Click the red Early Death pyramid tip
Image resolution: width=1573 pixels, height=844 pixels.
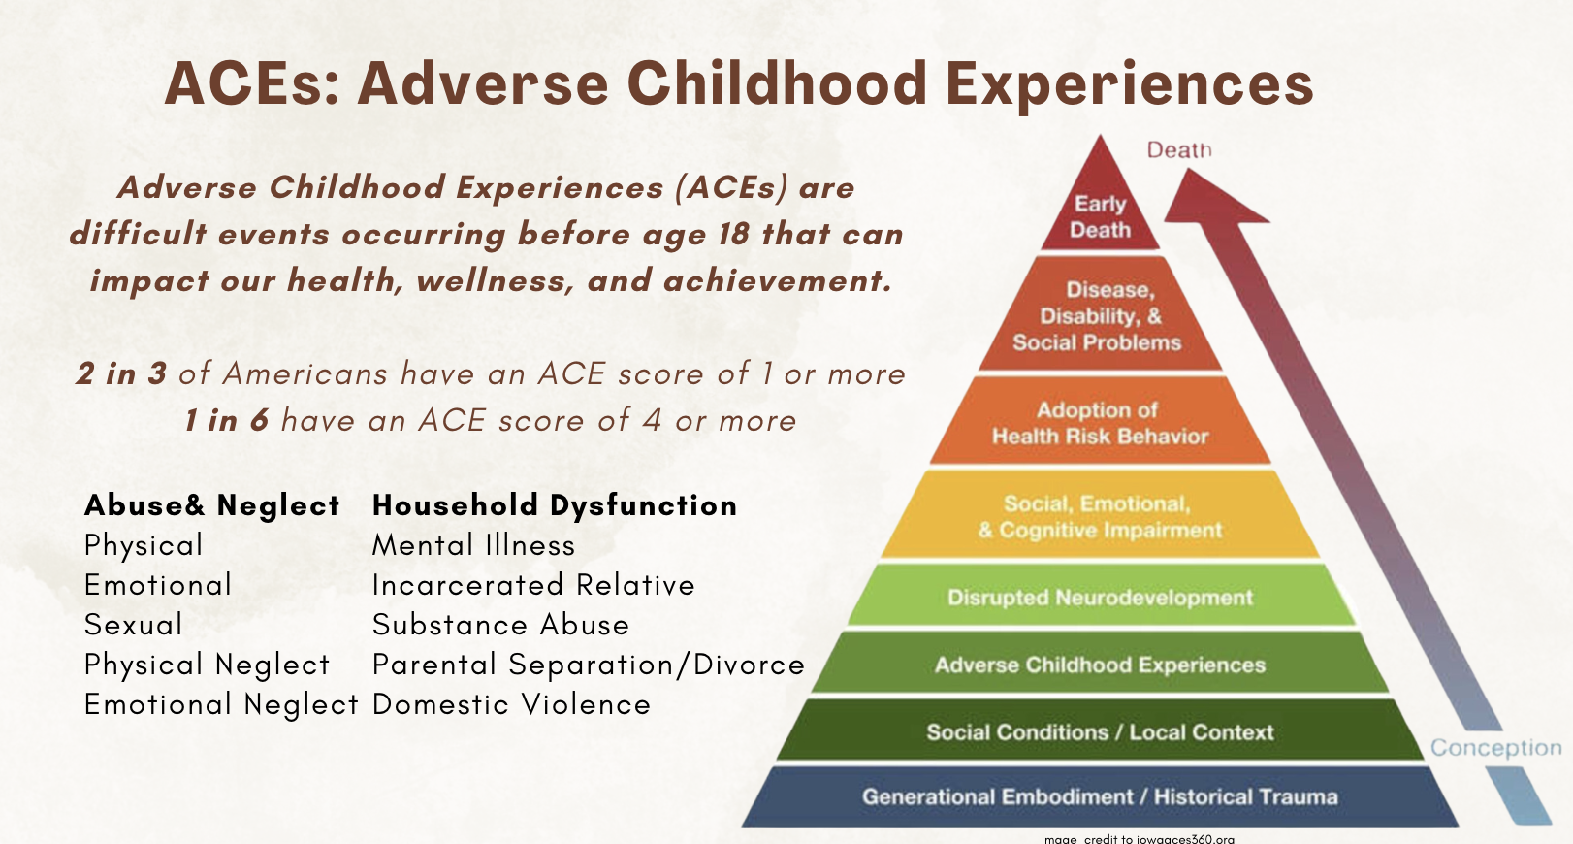(x=1101, y=204)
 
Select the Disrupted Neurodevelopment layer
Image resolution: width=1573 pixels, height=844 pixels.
(x=1101, y=596)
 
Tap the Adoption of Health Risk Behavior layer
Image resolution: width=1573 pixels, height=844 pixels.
(x=1101, y=422)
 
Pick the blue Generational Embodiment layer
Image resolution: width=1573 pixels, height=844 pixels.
(x=1101, y=796)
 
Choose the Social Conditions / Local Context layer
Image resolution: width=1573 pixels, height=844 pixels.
(x=1101, y=730)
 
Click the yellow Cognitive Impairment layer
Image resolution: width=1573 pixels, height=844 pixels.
(x=1101, y=515)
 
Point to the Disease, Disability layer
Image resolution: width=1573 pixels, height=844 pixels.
(x=1101, y=315)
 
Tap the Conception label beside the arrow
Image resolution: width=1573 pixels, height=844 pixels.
(x=1496, y=747)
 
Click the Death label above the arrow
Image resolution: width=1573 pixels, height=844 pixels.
(x=1179, y=149)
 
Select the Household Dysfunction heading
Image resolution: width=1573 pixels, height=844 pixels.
(x=554, y=505)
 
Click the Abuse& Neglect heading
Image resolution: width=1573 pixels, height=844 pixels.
(x=212, y=505)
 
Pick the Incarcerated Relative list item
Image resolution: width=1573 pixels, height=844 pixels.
(x=533, y=585)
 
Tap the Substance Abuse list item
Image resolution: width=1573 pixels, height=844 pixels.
(x=500, y=625)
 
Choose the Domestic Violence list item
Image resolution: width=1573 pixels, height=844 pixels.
(x=511, y=704)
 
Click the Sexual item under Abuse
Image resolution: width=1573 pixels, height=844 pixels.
(x=134, y=625)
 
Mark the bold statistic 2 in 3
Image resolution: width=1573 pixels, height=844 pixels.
(x=121, y=373)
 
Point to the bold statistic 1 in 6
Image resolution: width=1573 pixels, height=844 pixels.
(x=226, y=420)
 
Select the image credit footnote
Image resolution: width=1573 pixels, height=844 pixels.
(x=1138, y=838)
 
